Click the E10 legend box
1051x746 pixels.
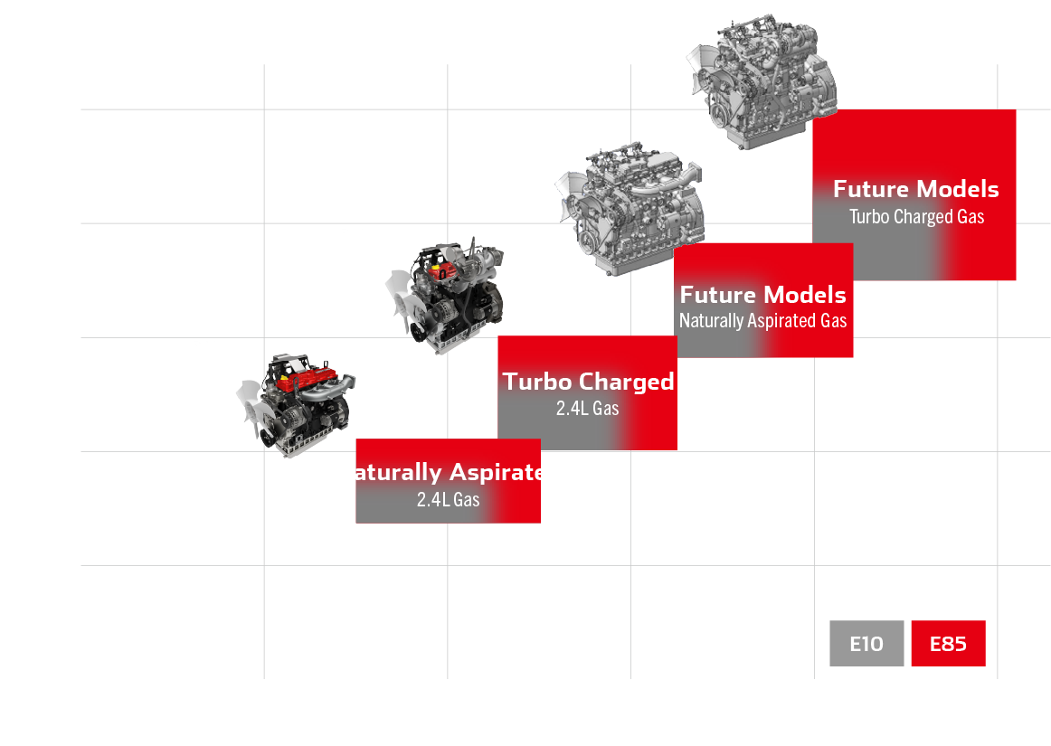coord(866,644)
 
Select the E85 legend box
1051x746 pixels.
coord(948,644)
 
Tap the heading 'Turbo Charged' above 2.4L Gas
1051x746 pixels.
coord(588,382)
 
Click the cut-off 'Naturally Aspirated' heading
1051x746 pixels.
coord(449,473)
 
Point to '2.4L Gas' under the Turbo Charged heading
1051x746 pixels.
coord(587,409)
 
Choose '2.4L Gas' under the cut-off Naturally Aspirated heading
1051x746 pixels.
coord(448,499)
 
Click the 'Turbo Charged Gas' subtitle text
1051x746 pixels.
coord(916,217)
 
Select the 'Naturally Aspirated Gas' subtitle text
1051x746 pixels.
coord(762,321)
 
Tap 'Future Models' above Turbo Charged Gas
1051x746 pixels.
coord(915,189)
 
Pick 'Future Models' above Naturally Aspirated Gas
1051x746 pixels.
coord(762,295)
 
